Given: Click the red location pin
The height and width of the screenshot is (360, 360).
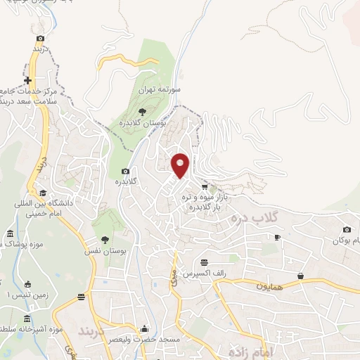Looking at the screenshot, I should coord(181,165).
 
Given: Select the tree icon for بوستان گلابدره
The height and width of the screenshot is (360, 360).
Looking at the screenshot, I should coord(142,110).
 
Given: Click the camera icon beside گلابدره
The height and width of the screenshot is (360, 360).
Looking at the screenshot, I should coord(126,171).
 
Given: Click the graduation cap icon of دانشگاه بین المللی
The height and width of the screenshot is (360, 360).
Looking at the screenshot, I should coord(42,193).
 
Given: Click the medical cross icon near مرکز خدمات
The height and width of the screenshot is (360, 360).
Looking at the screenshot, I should coord(27,81).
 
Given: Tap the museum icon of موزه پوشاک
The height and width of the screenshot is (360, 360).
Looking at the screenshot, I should coord(10,233).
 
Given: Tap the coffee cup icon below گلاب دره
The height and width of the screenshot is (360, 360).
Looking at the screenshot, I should coord(277,238).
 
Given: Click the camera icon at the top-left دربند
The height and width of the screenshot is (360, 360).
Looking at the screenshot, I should coord(41,37).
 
